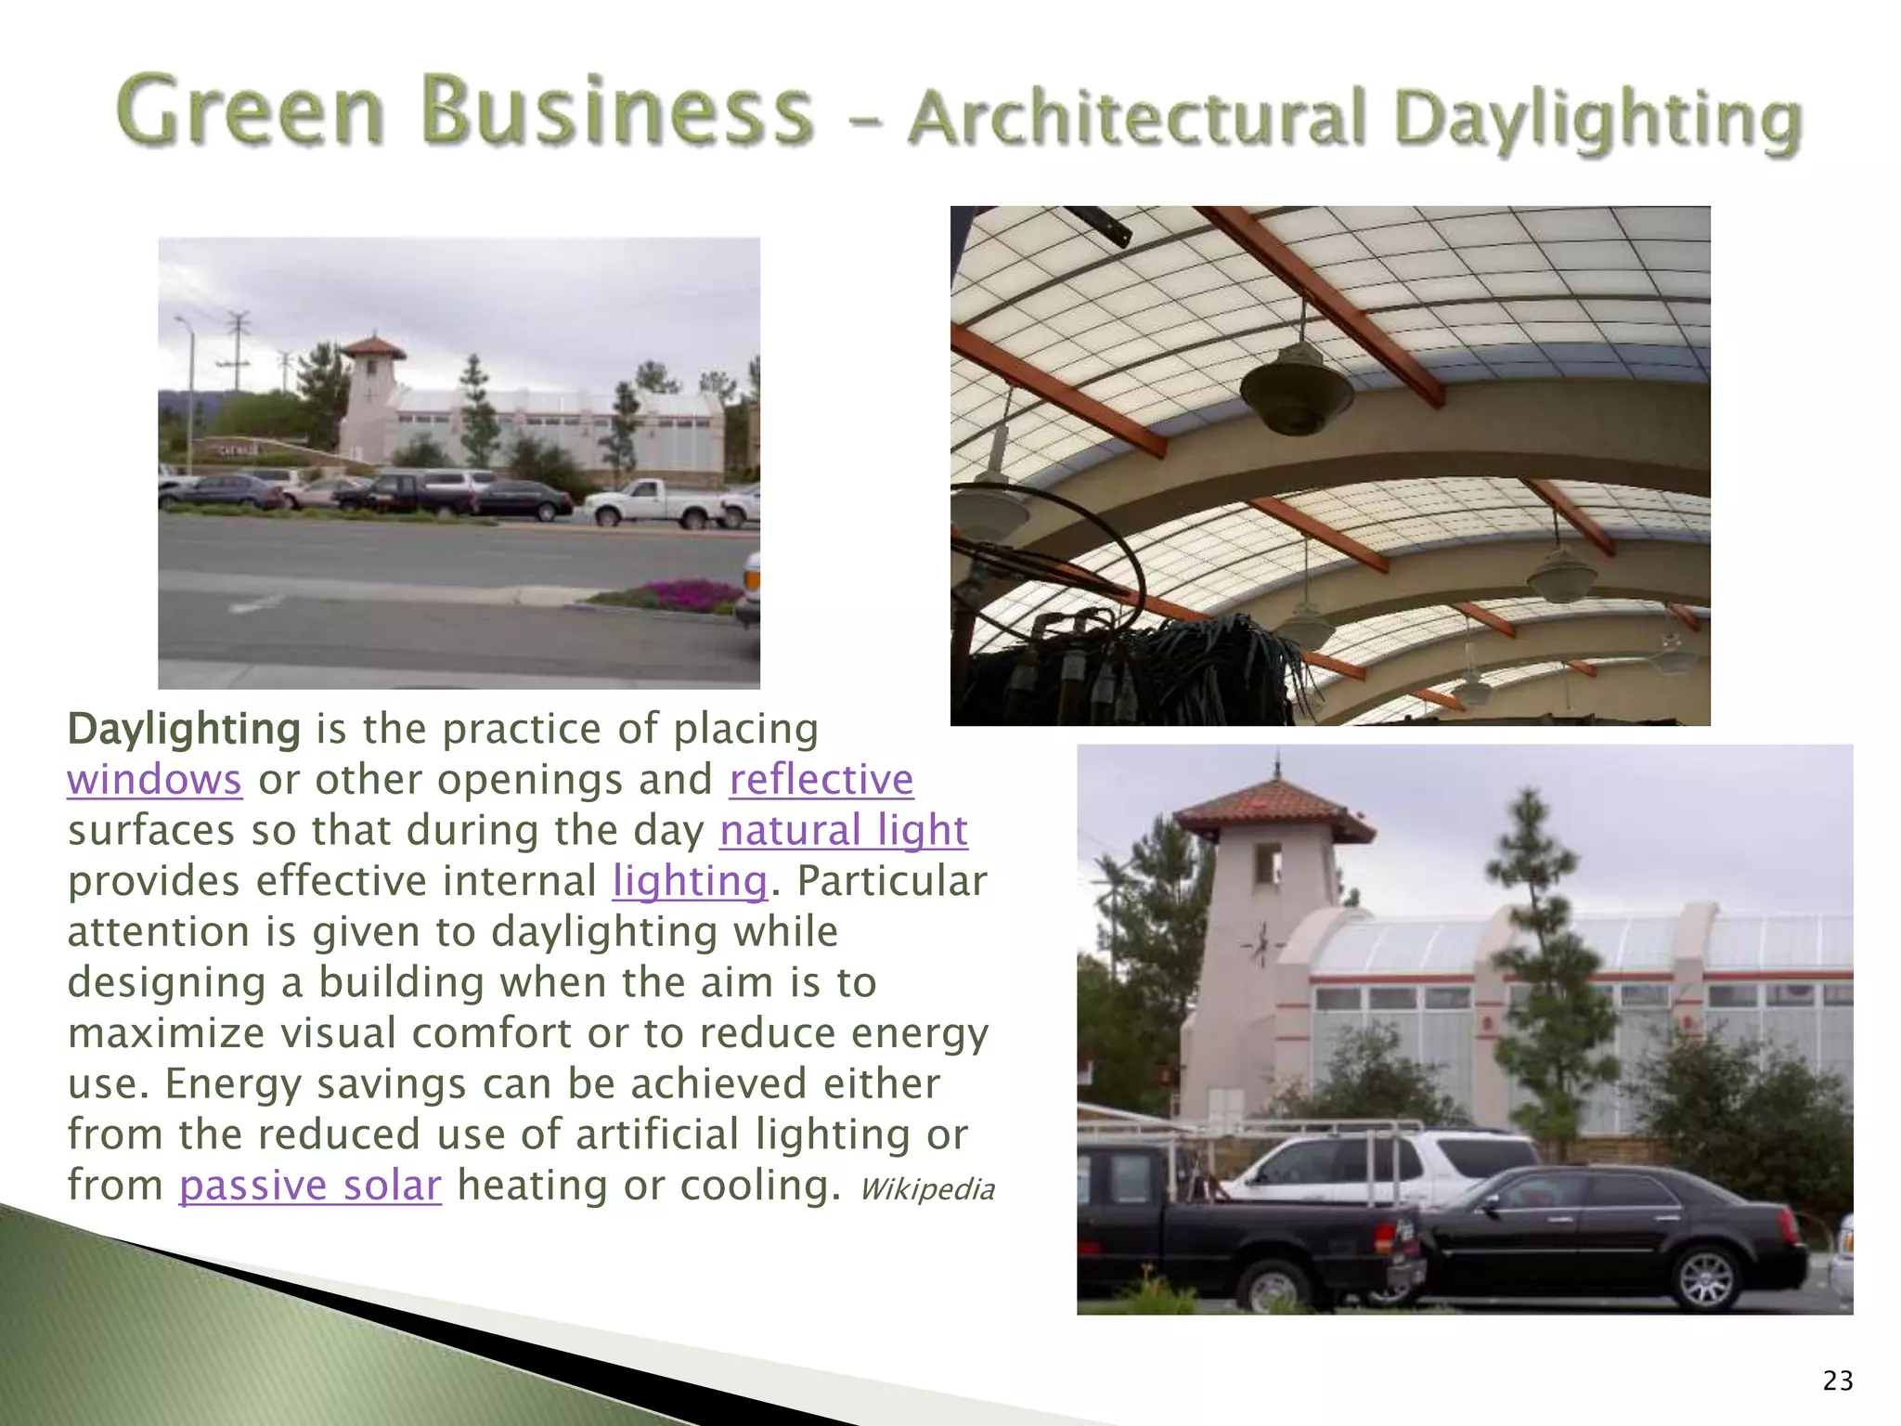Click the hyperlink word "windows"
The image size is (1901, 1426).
click(154, 780)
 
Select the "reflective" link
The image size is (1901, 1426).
click(821, 780)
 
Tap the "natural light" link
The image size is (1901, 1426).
click(843, 831)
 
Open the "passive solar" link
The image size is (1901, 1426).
click(310, 1186)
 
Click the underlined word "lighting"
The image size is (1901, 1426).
click(690, 881)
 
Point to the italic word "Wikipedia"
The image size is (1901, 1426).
click(926, 1189)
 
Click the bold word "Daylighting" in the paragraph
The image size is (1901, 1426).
click(184, 730)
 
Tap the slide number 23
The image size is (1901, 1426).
click(1838, 1381)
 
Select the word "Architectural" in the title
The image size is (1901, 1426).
click(1137, 121)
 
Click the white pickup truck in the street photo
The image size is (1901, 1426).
click(654, 503)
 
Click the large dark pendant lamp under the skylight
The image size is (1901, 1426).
click(1297, 390)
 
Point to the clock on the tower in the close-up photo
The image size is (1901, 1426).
click(1260, 945)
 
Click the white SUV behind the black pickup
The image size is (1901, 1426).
click(1374, 1165)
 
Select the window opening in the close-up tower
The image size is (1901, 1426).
click(1268, 865)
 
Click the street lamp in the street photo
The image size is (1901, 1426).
click(189, 390)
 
